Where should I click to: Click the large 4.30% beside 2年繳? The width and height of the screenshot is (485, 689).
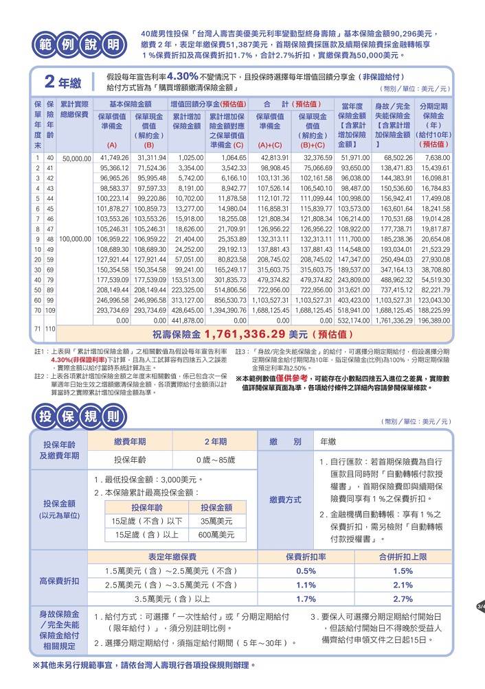183,76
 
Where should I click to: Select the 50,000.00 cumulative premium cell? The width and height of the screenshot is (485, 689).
76,158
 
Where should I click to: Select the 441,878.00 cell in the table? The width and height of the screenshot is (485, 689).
185,320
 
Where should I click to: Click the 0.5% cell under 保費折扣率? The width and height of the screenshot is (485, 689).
306,571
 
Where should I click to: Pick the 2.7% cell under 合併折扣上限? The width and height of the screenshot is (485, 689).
403,598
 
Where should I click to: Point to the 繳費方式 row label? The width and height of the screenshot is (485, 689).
284,500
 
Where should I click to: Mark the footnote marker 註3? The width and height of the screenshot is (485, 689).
240,352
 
